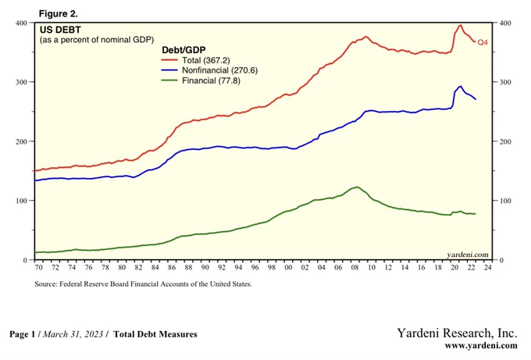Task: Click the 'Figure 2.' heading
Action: click(x=58, y=14)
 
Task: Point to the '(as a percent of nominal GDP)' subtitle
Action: click(x=97, y=39)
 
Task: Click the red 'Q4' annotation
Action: click(x=483, y=41)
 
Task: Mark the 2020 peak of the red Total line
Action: click(x=459, y=25)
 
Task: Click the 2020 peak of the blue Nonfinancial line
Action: click(x=460, y=86)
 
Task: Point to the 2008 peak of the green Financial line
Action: click(x=357, y=187)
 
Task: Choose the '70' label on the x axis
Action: click(x=38, y=269)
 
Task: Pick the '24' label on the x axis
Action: click(x=486, y=269)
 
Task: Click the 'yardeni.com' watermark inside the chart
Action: click(x=468, y=254)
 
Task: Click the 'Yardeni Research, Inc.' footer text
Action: click(x=458, y=333)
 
